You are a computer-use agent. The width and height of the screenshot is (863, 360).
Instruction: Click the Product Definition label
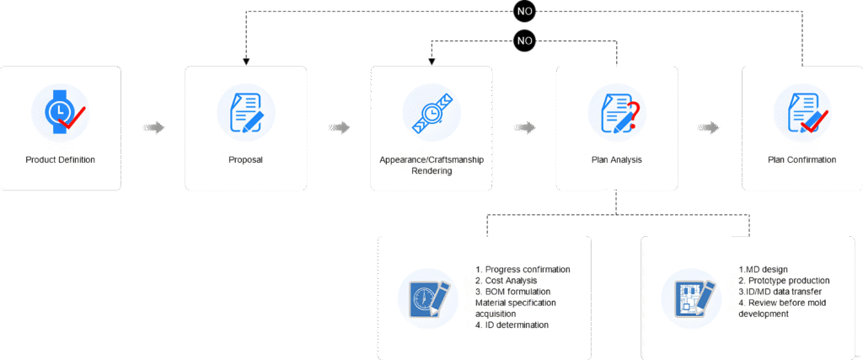pyautogui.click(x=60, y=159)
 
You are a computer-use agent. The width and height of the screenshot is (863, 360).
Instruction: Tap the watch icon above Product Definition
pyautogui.click(x=60, y=113)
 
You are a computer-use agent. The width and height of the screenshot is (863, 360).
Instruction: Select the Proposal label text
pyautogui.click(x=246, y=159)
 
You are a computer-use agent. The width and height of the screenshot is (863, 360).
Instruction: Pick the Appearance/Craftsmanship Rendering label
pyautogui.click(x=431, y=164)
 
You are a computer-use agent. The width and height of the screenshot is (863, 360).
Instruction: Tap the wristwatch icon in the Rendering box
pyautogui.click(x=431, y=113)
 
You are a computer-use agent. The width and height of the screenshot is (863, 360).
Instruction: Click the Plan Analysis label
pyautogui.click(x=617, y=159)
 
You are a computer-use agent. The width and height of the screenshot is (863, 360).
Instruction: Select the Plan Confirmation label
pyautogui.click(x=802, y=159)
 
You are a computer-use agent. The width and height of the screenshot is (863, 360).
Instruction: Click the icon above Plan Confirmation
pyautogui.click(x=802, y=113)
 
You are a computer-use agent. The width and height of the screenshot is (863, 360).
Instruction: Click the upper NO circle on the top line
pyautogui.click(x=524, y=11)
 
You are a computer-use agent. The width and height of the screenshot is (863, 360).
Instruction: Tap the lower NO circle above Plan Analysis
pyautogui.click(x=524, y=39)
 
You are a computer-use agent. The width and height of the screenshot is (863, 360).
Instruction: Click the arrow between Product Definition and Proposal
pyautogui.click(x=153, y=128)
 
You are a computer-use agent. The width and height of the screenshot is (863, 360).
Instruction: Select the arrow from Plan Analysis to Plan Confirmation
pyautogui.click(x=710, y=128)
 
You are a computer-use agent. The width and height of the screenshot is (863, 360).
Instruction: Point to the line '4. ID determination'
pyautogui.click(x=512, y=325)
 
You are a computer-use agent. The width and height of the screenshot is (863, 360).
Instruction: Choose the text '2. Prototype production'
pyautogui.click(x=785, y=281)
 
